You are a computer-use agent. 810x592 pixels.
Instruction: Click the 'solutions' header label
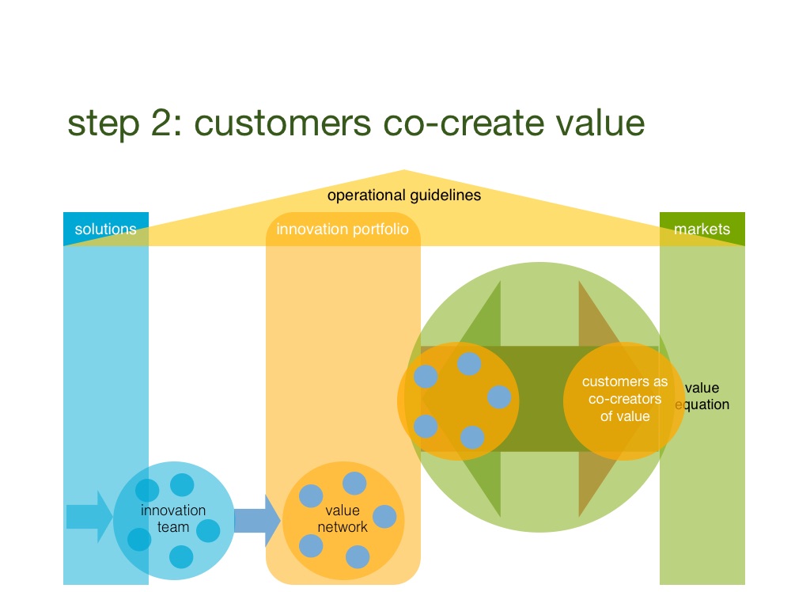tap(105, 229)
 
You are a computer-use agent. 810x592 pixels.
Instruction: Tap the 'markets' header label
tap(702, 229)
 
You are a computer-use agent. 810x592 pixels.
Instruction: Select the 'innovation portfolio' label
tap(343, 229)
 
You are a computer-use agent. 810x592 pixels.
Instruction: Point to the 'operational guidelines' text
tap(404, 195)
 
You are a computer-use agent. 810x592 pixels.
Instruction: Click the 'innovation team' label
tap(173, 518)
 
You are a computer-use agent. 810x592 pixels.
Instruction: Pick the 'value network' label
tap(343, 518)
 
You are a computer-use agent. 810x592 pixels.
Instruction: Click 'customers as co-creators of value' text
tap(625, 399)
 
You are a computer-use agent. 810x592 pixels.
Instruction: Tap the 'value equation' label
tap(702, 396)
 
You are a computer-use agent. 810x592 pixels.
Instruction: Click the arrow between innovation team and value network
tap(257, 521)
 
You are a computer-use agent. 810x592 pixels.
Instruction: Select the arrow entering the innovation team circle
tap(89, 517)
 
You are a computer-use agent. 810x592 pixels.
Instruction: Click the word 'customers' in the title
tap(282, 123)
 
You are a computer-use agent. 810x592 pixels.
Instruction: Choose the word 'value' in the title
tap(600, 123)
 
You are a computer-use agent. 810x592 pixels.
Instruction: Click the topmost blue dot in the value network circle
tap(354, 484)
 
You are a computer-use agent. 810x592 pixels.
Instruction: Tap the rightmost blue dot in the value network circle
tap(384, 517)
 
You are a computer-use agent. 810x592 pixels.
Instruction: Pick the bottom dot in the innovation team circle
tap(181, 557)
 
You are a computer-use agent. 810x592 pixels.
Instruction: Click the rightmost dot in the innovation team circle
tap(208, 530)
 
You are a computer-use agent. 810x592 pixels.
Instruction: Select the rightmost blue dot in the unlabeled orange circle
tap(499, 397)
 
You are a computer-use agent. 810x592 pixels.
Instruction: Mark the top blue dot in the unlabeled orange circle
tap(469, 363)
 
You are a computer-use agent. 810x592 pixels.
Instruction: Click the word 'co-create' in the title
tap(464, 123)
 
